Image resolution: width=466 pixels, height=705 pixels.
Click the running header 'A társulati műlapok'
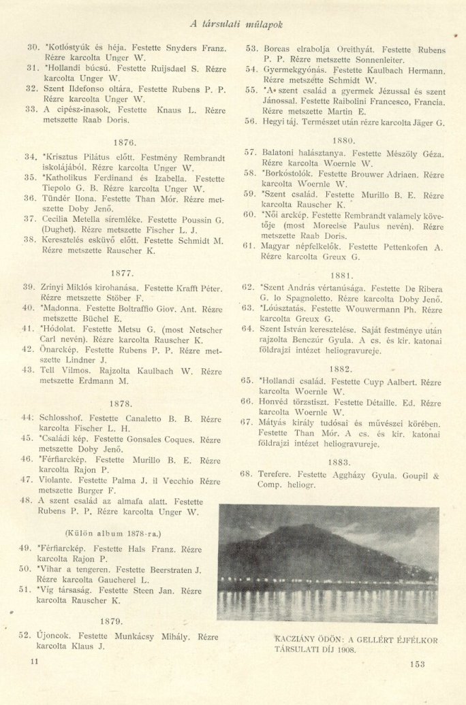click(236, 24)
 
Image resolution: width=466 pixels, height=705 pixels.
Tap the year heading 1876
click(126, 143)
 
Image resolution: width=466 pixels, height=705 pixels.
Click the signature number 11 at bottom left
click(35, 661)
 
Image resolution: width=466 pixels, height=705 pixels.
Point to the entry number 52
click(25, 636)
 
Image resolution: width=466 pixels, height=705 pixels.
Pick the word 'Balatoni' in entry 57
click(279, 153)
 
